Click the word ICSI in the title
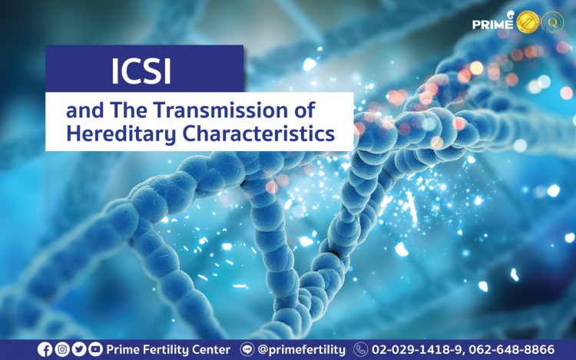click(x=141, y=71)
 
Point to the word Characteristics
click(x=259, y=134)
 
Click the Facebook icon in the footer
click(x=45, y=349)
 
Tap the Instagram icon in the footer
click(x=62, y=349)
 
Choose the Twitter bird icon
click(x=79, y=349)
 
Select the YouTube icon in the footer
click(x=95, y=349)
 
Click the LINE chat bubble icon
click(x=247, y=349)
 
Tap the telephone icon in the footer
click(x=360, y=349)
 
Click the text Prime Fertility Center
click(x=168, y=350)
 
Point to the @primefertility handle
click(x=302, y=350)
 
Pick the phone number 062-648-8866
click(x=511, y=350)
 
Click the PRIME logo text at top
click(x=492, y=24)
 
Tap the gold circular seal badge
click(x=528, y=21)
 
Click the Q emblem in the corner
click(x=553, y=22)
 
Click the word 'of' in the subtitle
click(x=305, y=110)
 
